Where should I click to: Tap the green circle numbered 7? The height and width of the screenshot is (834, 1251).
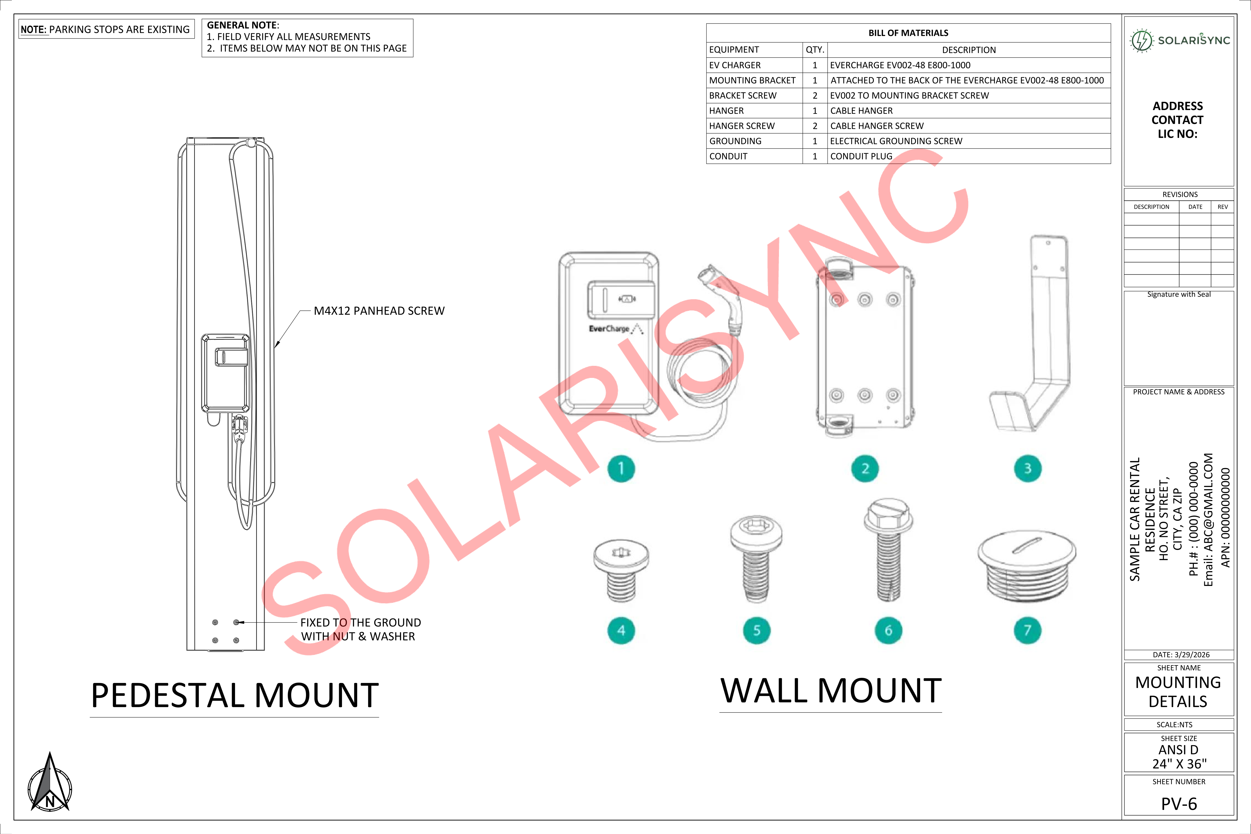pyautogui.click(x=1027, y=630)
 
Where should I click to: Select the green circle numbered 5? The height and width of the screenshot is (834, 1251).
pyautogui.click(x=756, y=630)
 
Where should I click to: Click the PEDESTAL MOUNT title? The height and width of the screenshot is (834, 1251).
pyautogui.click(x=235, y=695)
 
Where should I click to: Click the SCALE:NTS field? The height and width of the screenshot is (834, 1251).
pyautogui.click(x=1175, y=724)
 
